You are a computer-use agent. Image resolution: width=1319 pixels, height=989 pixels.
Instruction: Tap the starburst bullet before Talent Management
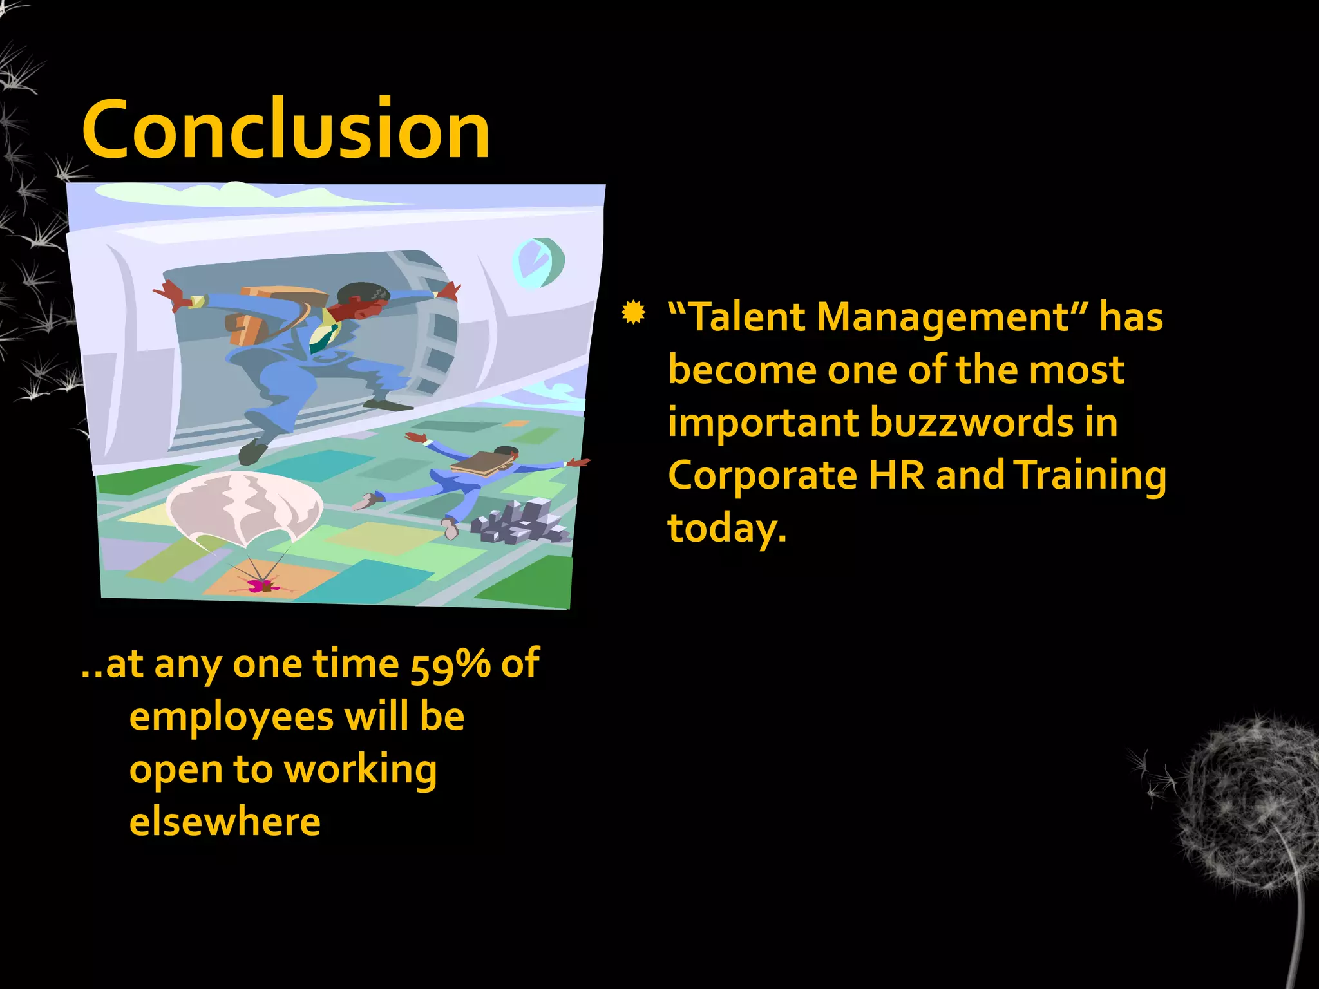click(634, 313)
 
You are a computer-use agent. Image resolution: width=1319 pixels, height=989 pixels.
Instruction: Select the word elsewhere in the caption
click(225, 822)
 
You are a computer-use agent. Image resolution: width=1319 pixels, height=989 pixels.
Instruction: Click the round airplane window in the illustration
click(538, 262)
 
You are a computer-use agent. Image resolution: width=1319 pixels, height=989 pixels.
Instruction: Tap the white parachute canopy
click(243, 506)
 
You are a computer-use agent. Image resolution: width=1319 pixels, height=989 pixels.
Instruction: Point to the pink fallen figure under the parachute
click(263, 585)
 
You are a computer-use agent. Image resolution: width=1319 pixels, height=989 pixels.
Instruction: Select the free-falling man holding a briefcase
click(470, 476)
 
